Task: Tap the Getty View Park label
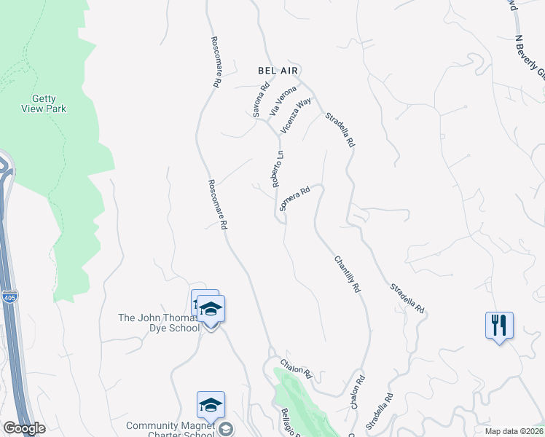[50, 103]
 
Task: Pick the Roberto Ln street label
[278, 169]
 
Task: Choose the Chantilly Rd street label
[348, 274]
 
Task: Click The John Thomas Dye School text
[159, 323]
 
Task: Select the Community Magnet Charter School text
[170, 430]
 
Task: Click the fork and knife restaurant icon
[499, 325]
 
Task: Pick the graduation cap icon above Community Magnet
[211, 404]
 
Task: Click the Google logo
[23, 429]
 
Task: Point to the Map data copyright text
[515, 431]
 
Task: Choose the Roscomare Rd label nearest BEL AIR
[215, 63]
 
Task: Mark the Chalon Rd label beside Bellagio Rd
[297, 368]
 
